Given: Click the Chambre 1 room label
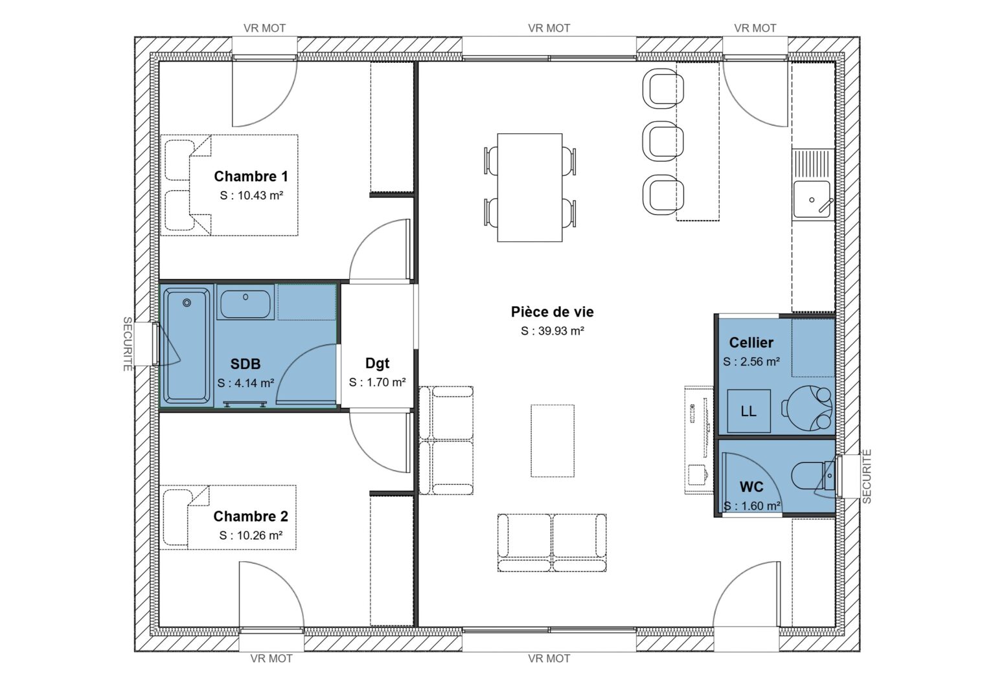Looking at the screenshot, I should [251, 176].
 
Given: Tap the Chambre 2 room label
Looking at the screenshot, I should [251, 516].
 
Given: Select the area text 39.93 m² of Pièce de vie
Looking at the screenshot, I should [553, 331].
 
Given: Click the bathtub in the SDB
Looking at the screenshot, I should [187, 346].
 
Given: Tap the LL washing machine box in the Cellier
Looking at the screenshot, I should [748, 411].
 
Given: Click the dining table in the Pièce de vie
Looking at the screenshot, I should [529, 188].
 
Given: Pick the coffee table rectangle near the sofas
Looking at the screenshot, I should [553, 441].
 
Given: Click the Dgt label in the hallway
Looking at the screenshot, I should [377, 363].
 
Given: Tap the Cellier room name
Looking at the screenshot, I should [751, 342].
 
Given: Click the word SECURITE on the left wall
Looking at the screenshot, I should [128, 344].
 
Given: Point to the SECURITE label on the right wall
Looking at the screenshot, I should [867, 476].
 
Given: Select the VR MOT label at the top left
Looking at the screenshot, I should [264, 28].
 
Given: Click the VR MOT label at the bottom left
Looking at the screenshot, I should [271, 658].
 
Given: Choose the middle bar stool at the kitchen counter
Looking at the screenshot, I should [662, 141].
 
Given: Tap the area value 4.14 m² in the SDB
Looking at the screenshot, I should [246, 383].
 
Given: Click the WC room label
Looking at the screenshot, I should [751, 487].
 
